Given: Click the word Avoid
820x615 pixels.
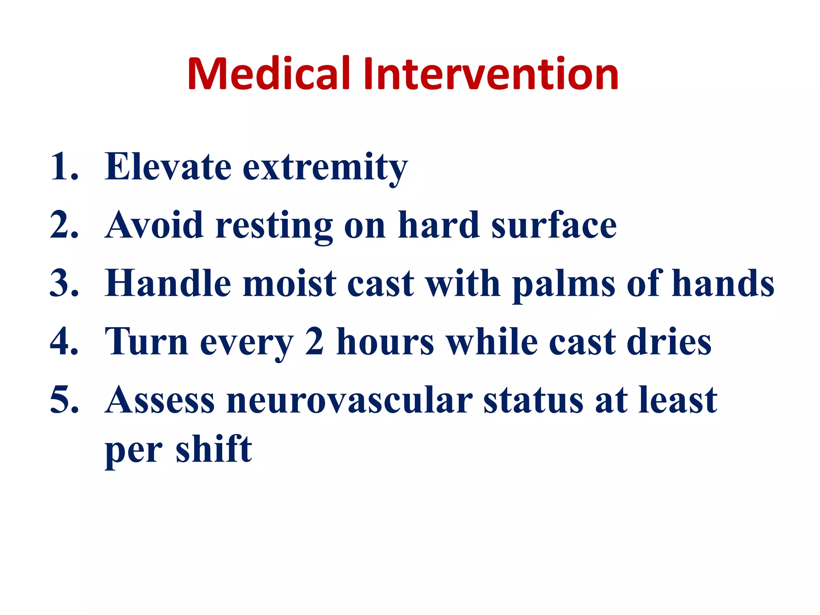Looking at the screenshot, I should pyautogui.click(x=154, y=225).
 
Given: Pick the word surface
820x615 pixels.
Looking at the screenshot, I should pyautogui.click(x=554, y=225).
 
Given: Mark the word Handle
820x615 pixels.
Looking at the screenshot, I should pyautogui.click(x=168, y=283).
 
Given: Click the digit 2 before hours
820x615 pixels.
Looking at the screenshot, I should pyautogui.click(x=314, y=342).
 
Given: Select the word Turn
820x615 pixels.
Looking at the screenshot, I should pyautogui.click(x=146, y=342).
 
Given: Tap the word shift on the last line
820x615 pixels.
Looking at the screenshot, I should pyautogui.click(x=214, y=449).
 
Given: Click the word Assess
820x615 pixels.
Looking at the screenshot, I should pyautogui.click(x=160, y=400).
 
